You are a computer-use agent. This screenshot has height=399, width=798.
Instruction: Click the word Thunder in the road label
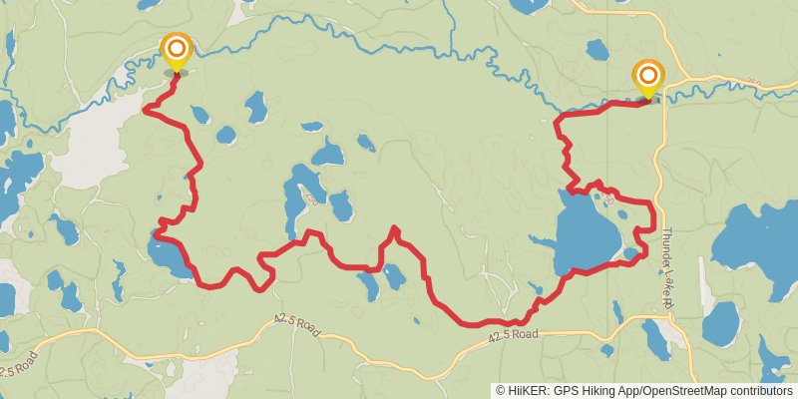pyautogui.click(x=666, y=238)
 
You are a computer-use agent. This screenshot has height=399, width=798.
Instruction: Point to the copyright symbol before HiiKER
pyautogui.click(x=502, y=390)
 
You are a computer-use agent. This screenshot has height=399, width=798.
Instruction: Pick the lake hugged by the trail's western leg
pyautogui.click(x=170, y=257)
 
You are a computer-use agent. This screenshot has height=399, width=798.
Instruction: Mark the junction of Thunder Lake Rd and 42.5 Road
pyautogui.click(x=666, y=316)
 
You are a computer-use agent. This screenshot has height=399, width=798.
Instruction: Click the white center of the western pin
pyautogui.click(x=177, y=47)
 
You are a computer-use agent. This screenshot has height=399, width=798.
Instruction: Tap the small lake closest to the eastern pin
pyautogui.click(x=598, y=50)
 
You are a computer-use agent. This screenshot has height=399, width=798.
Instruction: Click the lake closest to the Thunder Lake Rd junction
pyautogui.click(x=655, y=339)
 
